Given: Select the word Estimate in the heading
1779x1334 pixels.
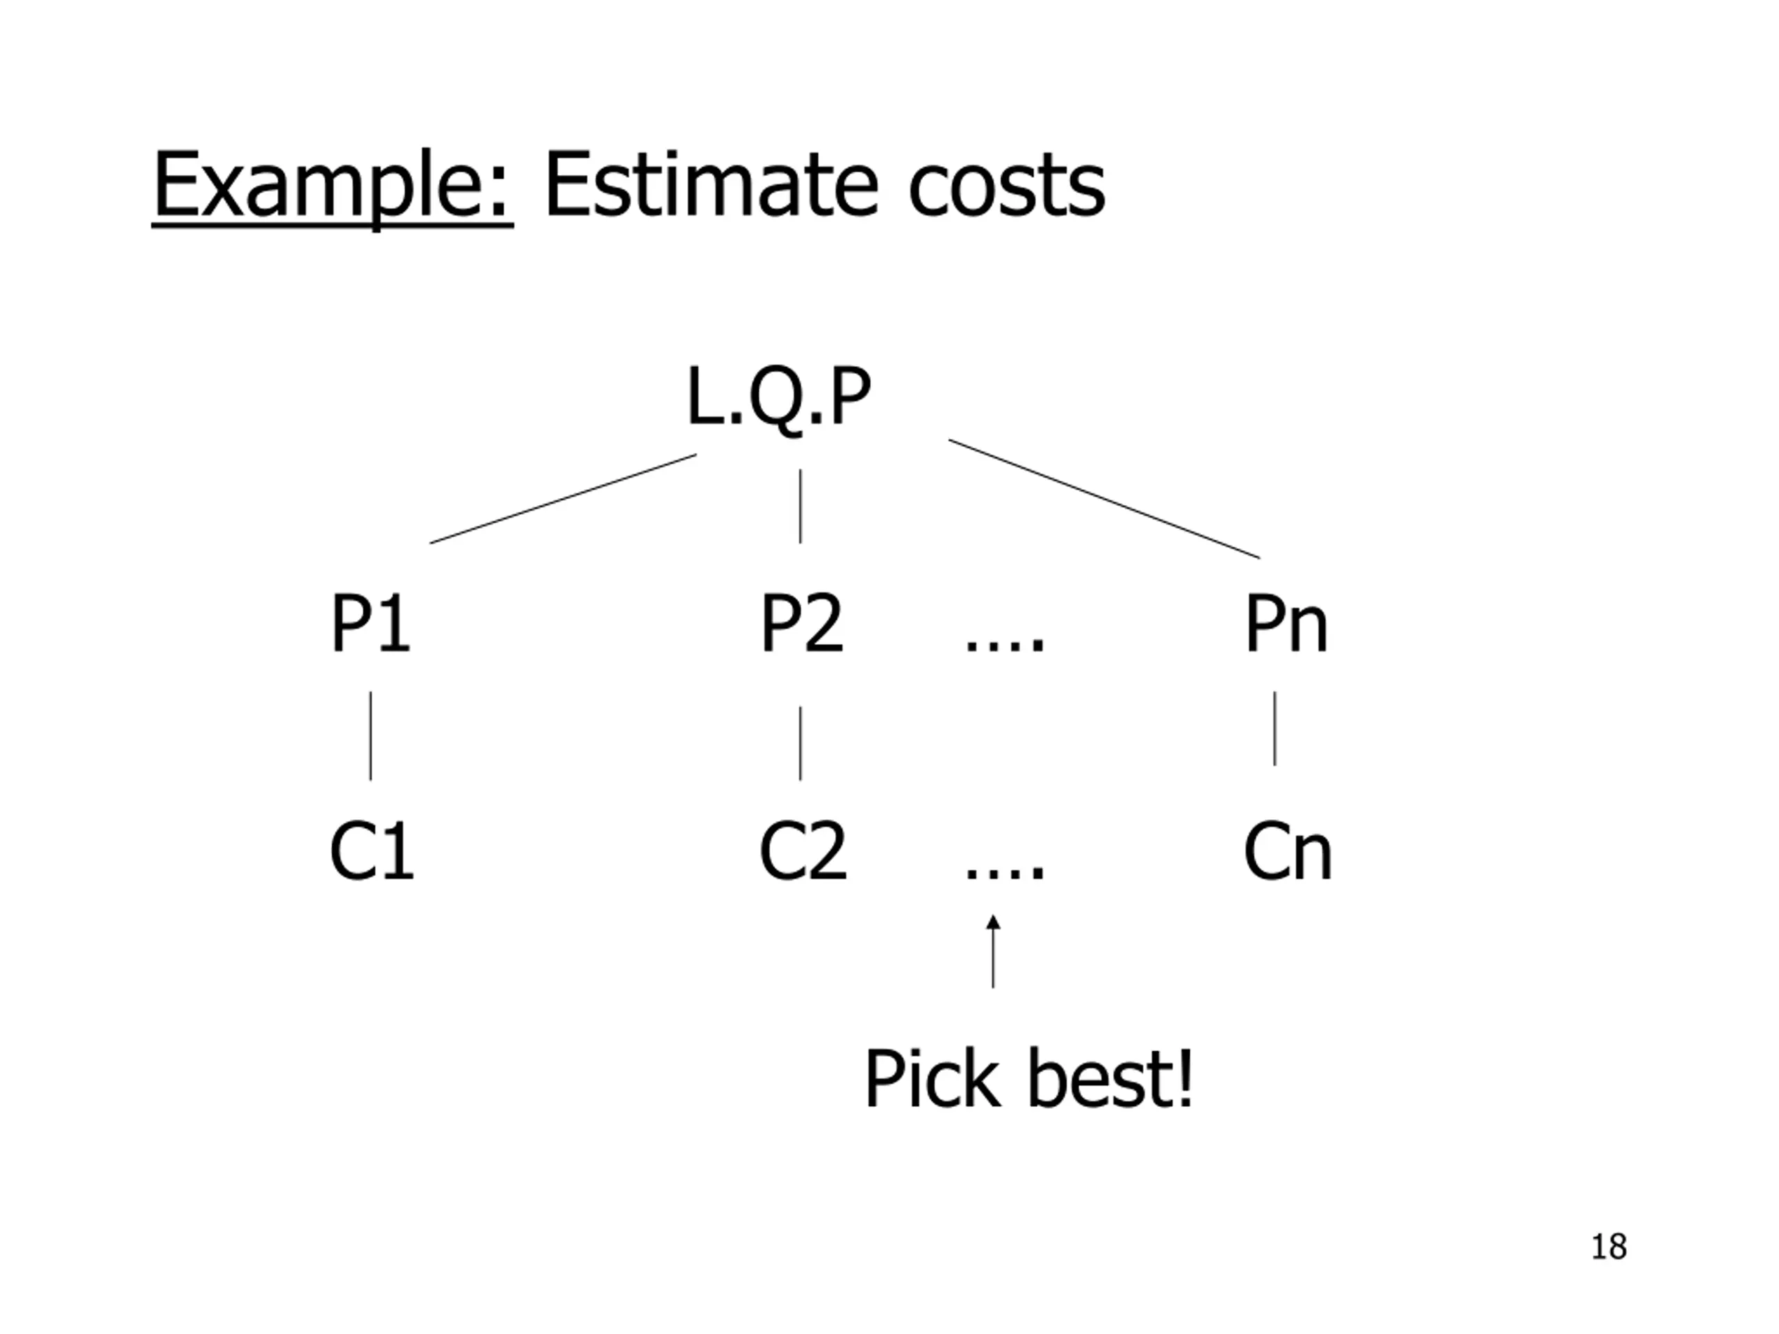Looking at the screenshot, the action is pos(711,186).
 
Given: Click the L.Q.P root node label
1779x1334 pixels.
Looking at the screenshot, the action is pos(778,397).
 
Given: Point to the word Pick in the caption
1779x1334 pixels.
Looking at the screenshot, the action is pos(932,1080).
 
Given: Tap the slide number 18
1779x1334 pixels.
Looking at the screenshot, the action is pos(1609,1246).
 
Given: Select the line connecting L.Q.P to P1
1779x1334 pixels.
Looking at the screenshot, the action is pos(563,500).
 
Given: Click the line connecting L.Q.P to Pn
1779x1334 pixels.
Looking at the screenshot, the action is pos(1104,499).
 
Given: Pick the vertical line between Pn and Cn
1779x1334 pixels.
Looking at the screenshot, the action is pos(1274,727).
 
